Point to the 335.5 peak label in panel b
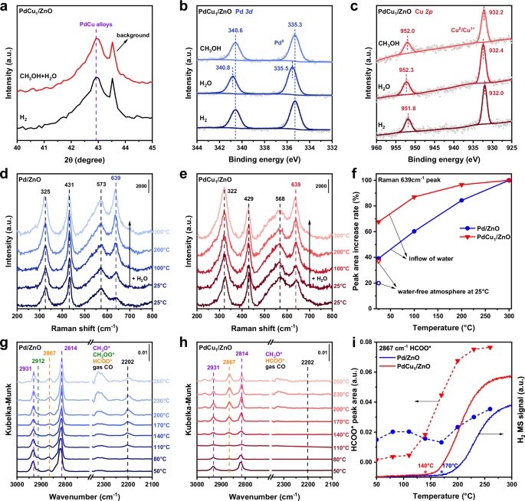click(297, 67)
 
